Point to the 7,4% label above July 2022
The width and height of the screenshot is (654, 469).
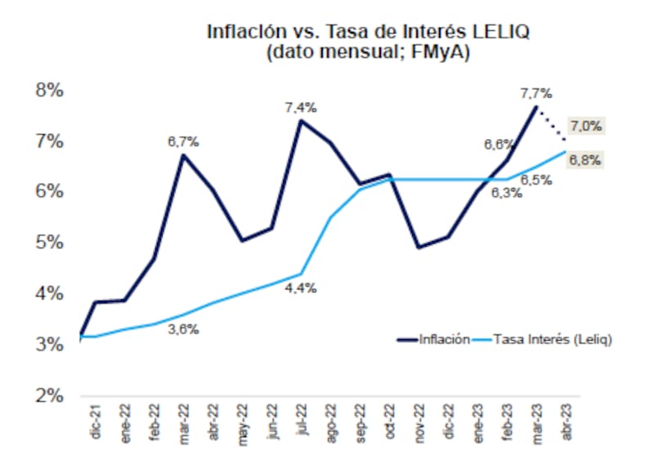point(301,107)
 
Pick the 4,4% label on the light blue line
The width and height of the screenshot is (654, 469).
point(301,288)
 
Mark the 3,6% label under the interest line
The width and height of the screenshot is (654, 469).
point(183,329)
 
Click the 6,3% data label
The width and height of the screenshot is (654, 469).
point(506,193)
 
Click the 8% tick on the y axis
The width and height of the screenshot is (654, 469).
point(49,90)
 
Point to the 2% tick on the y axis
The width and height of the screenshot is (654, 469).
point(49,395)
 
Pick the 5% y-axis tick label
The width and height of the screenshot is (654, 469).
point(49,243)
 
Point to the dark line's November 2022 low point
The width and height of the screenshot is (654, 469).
point(419,247)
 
